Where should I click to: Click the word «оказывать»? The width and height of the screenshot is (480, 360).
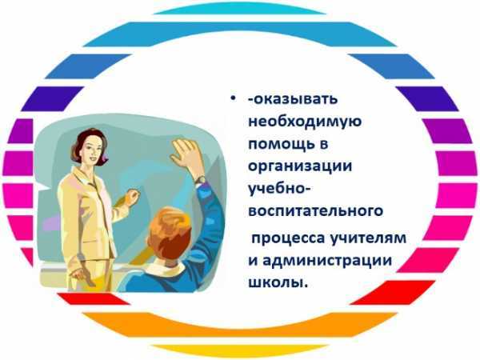click(x=295, y=99)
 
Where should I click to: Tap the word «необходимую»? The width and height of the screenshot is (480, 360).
click(x=305, y=122)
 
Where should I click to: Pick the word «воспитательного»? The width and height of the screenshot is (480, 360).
click(x=316, y=211)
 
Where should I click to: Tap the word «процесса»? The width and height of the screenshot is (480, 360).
click(x=288, y=238)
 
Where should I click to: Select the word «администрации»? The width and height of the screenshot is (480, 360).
click(x=327, y=261)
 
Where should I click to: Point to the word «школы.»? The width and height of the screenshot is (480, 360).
click(x=277, y=283)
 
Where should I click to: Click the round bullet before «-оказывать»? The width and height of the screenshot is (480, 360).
click(x=234, y=98)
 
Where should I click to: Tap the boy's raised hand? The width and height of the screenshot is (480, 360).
click(x=186, y=154)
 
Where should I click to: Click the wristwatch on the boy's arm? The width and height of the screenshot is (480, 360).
click(x=200, y=179)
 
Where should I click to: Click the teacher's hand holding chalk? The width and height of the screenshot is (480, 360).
click(x=133, y=196)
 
